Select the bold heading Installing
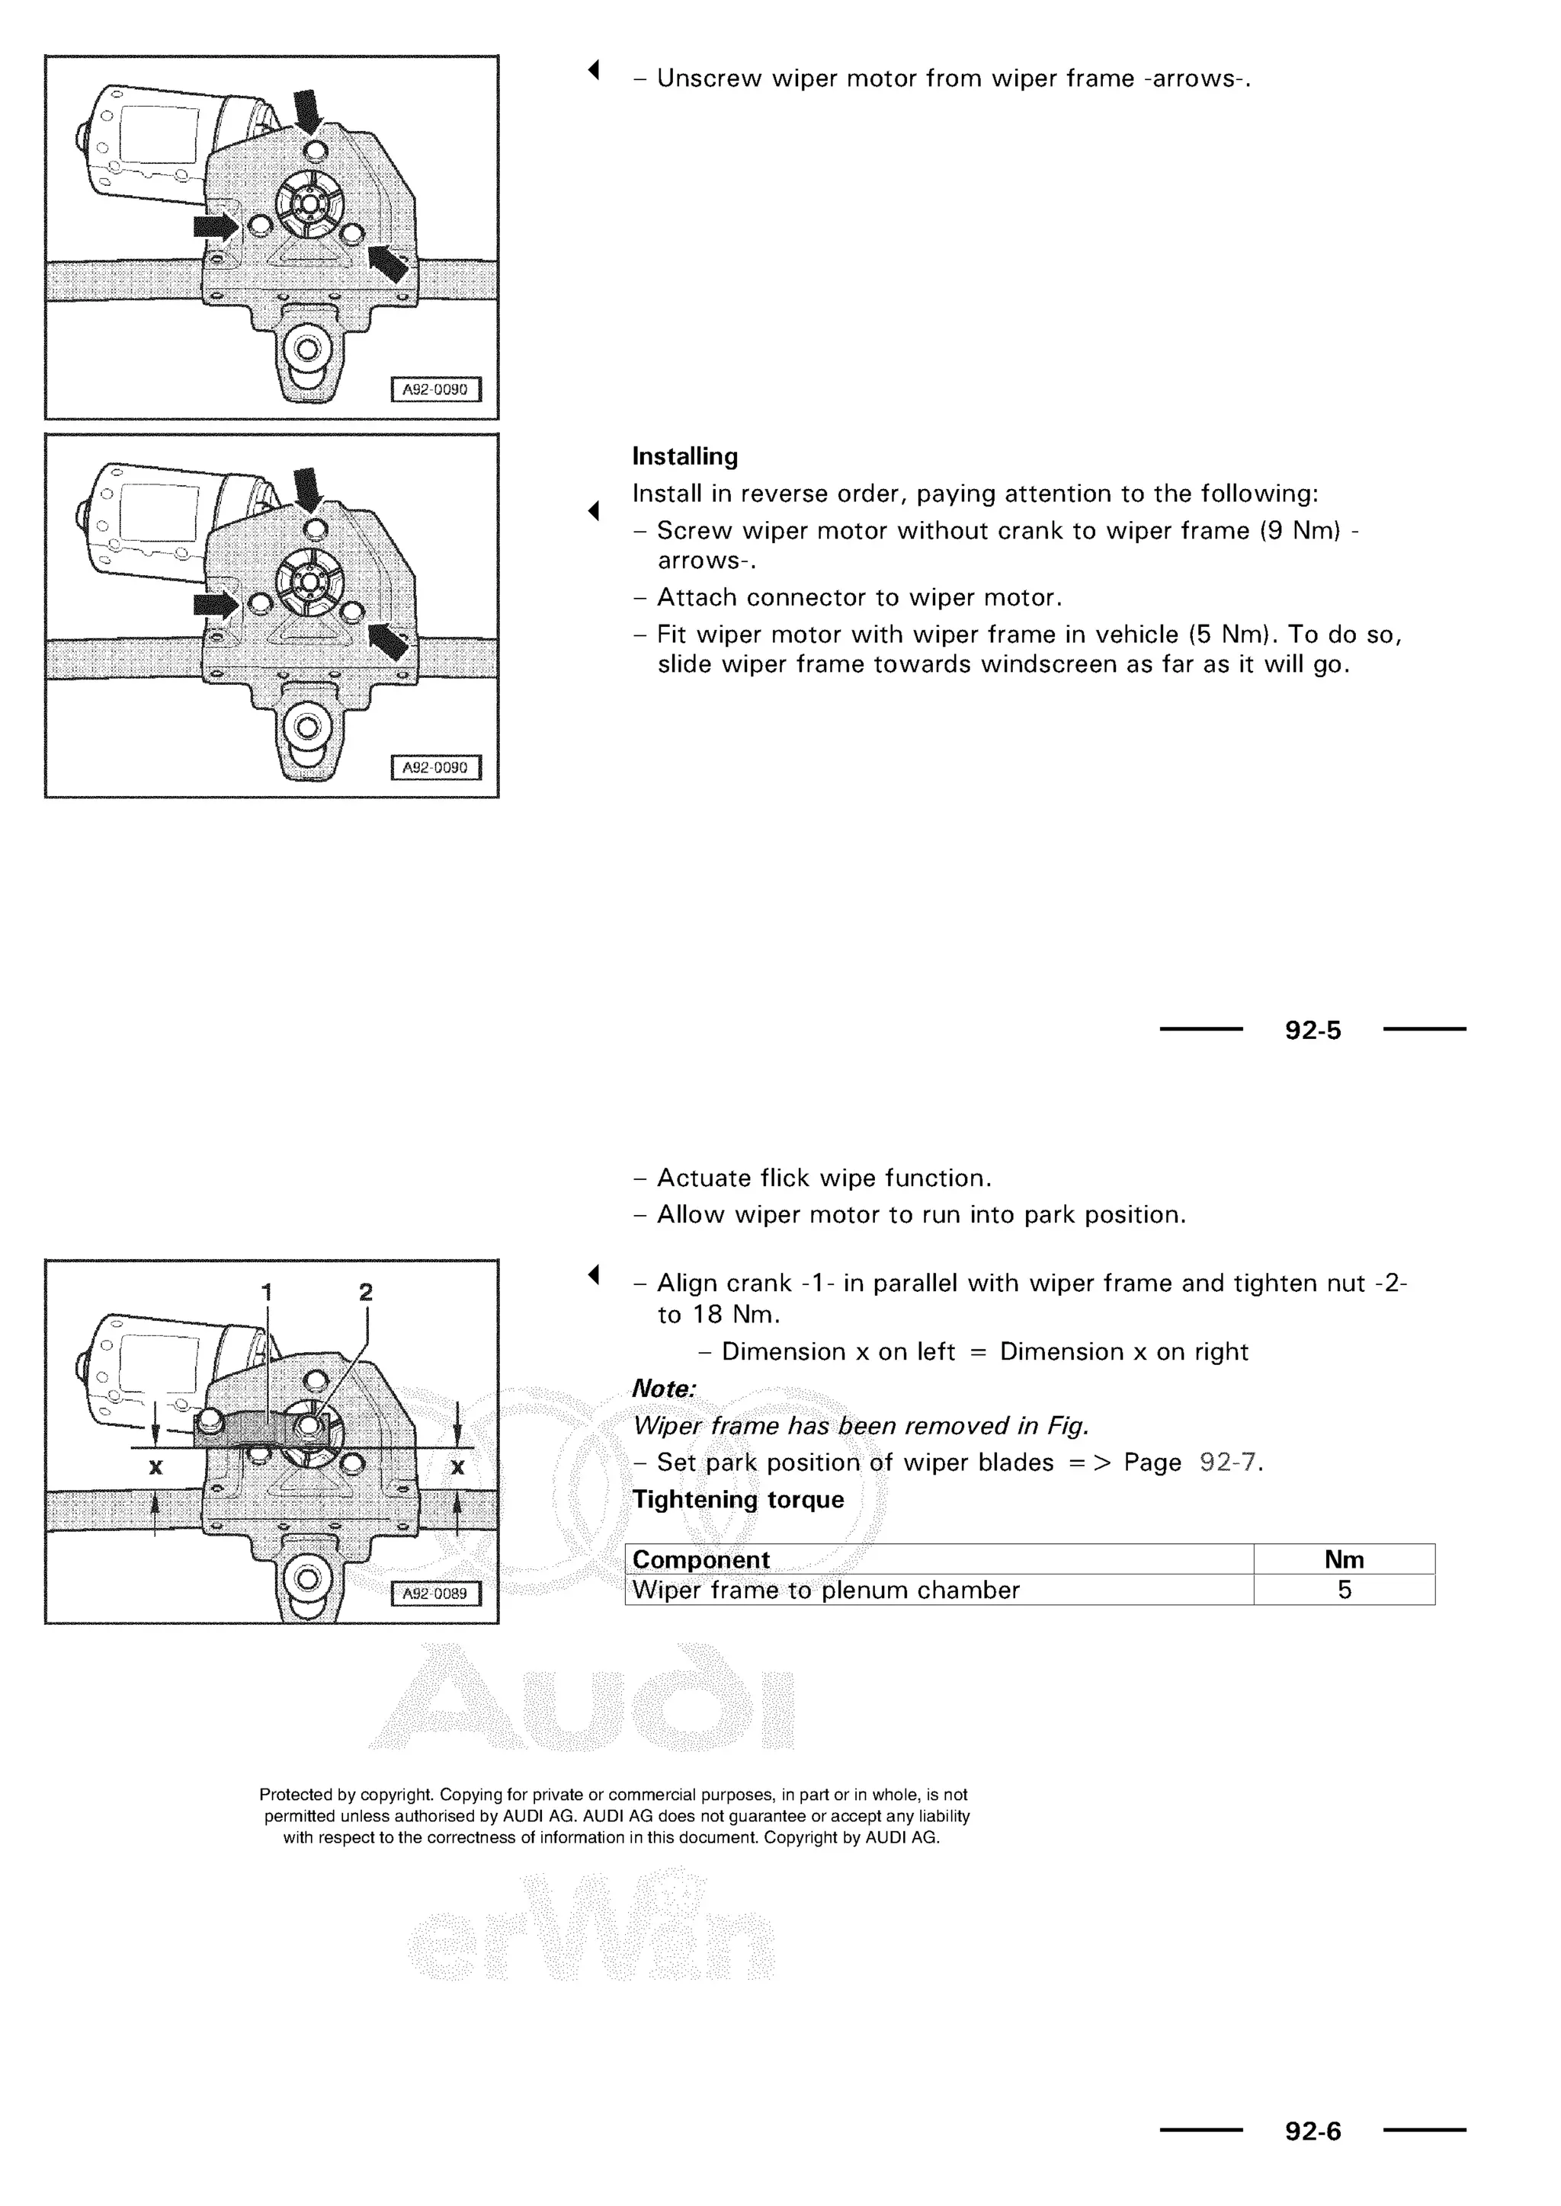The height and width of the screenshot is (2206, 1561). coord(684,456)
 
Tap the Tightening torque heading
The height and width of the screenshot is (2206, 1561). coord(737,1499)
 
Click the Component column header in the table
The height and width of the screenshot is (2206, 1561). coord(700,1559)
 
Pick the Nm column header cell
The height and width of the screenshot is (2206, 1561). coord(1343,1559)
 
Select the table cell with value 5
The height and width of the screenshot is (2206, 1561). coord(1344,1589)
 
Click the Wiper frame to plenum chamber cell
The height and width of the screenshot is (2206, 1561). coord(825,1589)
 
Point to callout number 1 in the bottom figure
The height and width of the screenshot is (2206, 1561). coord(268,1291)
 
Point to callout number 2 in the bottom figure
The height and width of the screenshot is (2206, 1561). coord(365,1291)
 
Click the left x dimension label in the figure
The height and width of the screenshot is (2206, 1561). coord(155,1466)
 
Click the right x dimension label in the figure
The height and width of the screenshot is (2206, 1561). coord(457,1466)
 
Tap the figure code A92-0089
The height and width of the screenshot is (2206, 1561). coord(434,1593)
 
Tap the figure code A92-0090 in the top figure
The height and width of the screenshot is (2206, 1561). coord(434,390)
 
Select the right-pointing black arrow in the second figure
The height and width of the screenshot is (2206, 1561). coord(215,604)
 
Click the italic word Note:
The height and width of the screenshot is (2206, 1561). coord(663,1389)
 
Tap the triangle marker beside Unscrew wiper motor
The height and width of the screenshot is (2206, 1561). coord(594,69)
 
